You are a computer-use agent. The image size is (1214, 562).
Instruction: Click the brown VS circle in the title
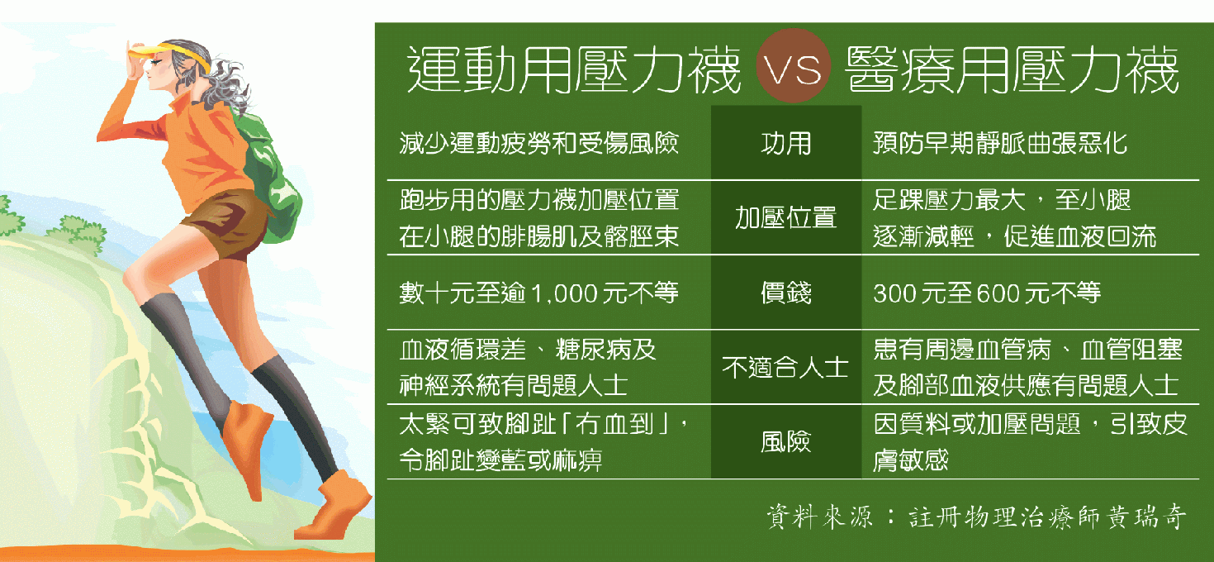click(x=793, y=66)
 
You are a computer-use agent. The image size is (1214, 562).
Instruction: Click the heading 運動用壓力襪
click(x=574, y=70)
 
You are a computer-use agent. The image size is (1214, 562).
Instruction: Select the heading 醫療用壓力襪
click(x=1012, y=70)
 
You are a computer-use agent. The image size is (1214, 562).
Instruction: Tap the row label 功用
click(x=786, y=144)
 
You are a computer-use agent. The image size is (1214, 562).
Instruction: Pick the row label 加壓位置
click(x=786, y=217)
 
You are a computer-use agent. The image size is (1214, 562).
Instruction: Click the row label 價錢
click(x=786, y=293)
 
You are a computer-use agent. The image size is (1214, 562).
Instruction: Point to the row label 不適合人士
click(x=785, y=367)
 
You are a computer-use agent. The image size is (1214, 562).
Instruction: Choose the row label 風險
click(x=786, y=441)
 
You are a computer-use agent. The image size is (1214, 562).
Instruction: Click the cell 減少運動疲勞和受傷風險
click(x=539, y=143)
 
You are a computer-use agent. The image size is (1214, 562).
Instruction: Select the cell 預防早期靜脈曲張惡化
click(x=1000, y=143)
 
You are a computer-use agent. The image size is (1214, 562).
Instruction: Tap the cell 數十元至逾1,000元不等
click(x=539, y=293)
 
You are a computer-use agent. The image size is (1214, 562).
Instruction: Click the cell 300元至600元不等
click(x=987, y=293)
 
